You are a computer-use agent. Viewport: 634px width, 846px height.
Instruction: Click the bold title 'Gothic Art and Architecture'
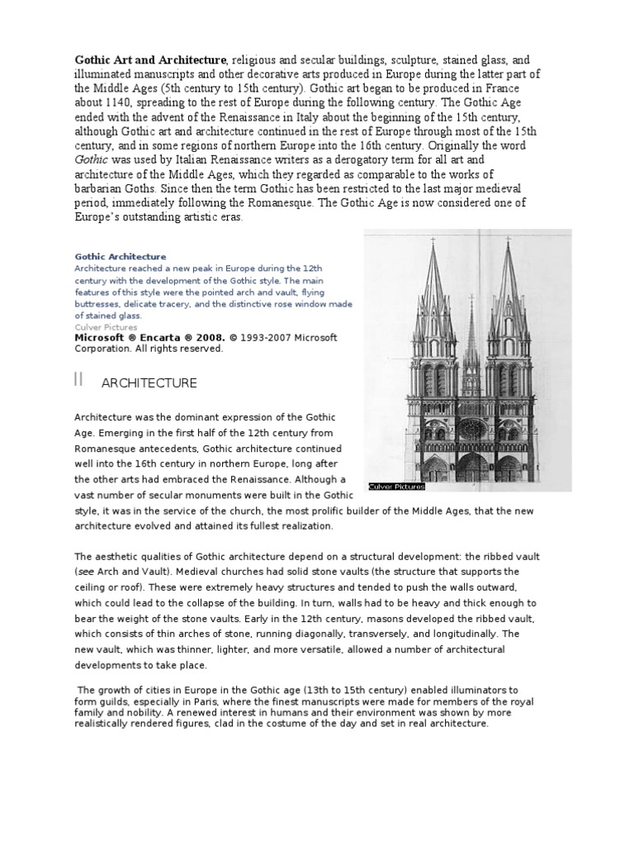[x=150, y=60]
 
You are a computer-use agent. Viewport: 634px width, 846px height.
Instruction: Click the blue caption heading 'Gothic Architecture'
[x=121, y=257]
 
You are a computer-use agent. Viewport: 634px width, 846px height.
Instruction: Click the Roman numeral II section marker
[x=79, y=380]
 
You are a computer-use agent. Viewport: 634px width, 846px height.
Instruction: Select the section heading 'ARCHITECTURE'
[x=149, y=383]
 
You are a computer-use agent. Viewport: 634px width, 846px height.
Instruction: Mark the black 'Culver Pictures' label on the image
[x=398, y=487]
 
